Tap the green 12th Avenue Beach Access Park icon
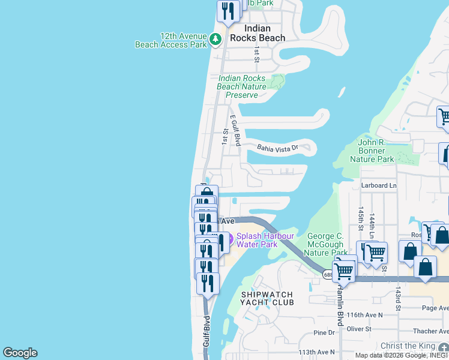(x=215, y=40)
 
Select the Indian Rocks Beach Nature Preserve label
(x=242, y=86)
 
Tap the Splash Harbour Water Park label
(x=259, y=240)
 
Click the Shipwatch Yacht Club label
(x=267, y=298)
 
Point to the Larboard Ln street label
(x=379, y=185)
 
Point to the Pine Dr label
(x=324, y=333)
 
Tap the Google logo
(x=20, y=353)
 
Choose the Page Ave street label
(x=435, y=308)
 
